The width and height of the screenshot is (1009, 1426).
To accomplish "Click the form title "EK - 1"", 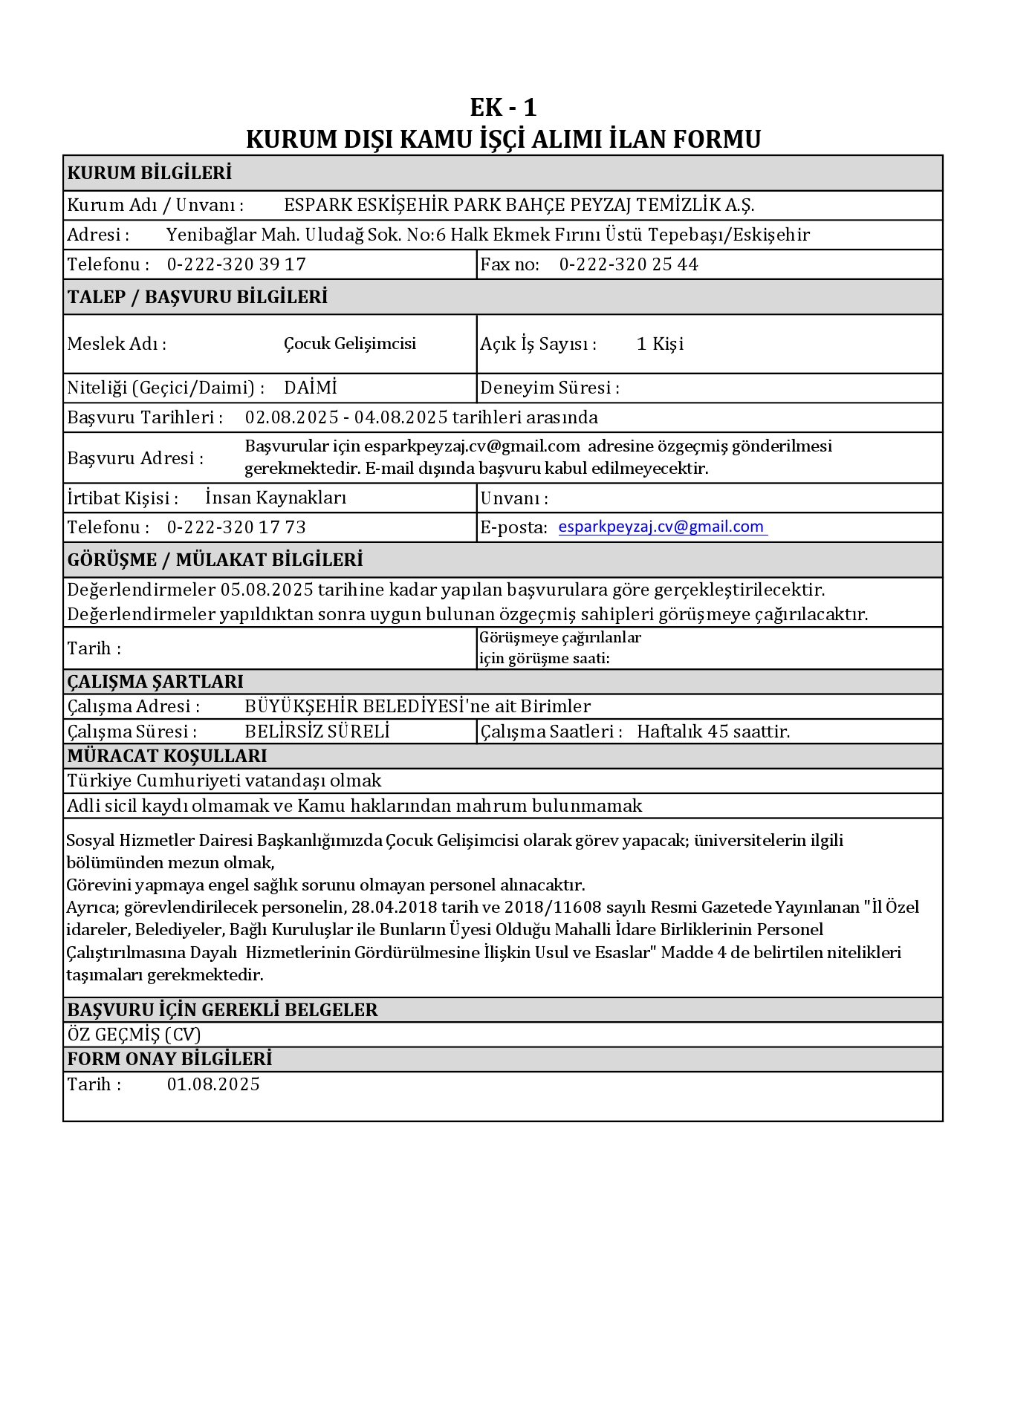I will coord(503,108).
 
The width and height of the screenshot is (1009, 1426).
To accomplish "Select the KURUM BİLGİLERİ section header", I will coord(149,173).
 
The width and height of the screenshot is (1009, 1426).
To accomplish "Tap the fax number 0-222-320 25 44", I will coord(628,264).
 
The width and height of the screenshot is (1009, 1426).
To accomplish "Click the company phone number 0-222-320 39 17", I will coord(236,264).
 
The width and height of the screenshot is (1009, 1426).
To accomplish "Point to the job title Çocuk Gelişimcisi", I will coord(349,344).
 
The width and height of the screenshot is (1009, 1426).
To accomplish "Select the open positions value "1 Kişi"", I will coord(660,344).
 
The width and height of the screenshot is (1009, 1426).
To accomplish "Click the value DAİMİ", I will coord(311,388).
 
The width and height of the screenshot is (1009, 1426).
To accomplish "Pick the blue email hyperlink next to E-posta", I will coord(661,527).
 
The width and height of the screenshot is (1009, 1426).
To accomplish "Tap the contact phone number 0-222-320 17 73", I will coord(236,527).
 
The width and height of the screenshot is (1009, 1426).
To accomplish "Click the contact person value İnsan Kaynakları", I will coord(276,498).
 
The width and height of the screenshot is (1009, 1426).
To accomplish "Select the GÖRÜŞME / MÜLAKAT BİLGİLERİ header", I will coord(215,560).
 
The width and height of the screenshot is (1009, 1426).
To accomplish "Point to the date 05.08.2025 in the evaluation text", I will coord(267,590).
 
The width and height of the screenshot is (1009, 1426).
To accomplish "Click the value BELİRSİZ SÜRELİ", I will coord(317,732).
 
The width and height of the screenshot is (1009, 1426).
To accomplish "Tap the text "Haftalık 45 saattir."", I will coord(713,732).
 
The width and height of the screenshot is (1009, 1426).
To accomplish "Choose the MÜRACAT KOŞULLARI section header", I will coord(167,756).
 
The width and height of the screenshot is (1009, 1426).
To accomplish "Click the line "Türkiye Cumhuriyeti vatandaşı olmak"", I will coord(224,781).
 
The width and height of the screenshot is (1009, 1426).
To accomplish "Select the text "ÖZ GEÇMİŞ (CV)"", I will coord(134,1035).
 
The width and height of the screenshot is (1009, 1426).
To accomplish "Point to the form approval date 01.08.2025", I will coord(213,1084).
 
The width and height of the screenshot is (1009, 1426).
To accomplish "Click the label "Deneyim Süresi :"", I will coord(550,388).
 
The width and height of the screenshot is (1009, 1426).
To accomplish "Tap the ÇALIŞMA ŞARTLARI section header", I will coord(155,682).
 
